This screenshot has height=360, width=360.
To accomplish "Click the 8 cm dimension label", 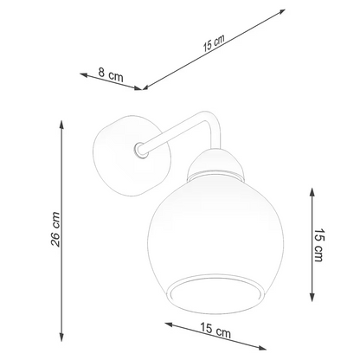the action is coord(111,74).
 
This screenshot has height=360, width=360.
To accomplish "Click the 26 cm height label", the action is coord(55,229).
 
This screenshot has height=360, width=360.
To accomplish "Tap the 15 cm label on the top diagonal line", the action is coord(214,43).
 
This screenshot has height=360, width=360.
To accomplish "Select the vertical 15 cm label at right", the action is coord(319,245).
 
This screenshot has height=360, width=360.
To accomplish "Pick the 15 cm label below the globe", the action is coord(215,331).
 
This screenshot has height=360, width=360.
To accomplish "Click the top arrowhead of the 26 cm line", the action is coord(61,125).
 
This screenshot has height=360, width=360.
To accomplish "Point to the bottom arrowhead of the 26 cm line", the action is coord(61,337).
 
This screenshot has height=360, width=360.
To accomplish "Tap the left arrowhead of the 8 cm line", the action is coord(84,74).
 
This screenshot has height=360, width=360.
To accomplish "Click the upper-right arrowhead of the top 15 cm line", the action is coord(281,12).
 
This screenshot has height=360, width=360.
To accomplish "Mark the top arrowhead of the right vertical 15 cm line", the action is coord(312,192).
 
